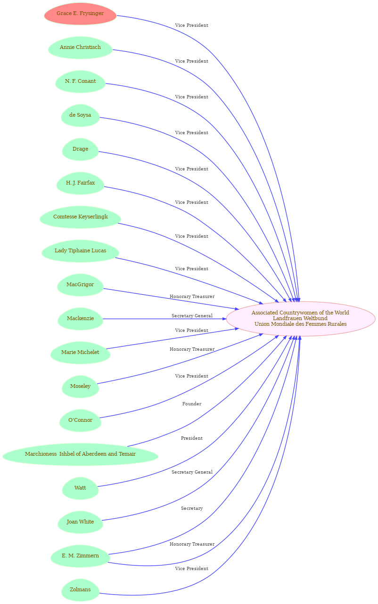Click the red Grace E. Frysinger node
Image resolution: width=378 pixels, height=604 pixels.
80,14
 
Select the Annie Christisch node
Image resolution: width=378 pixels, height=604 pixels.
80,48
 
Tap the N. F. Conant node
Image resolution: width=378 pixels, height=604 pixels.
80,81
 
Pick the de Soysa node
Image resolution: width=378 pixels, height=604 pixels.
80,115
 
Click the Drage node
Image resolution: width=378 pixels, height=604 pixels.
80,149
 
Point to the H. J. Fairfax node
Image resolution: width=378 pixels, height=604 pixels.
80,183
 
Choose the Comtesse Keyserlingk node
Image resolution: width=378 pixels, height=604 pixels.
80,217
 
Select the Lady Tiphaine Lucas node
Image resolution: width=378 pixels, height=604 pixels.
80,251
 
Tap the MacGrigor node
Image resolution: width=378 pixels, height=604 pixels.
80,285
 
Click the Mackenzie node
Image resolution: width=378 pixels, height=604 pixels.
80,319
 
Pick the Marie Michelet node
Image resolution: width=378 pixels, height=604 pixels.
80,353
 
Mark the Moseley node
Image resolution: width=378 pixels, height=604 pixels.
80,387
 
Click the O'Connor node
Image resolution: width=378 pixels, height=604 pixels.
80,420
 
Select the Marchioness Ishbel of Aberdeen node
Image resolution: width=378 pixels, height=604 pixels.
80,454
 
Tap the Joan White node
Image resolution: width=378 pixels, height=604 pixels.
80,522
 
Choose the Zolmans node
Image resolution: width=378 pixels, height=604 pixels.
80,590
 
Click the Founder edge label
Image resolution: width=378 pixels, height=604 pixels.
192,404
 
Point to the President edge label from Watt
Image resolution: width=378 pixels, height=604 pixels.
192,438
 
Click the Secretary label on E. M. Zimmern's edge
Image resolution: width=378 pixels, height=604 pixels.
192,508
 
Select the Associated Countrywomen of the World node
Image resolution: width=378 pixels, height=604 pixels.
300,319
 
